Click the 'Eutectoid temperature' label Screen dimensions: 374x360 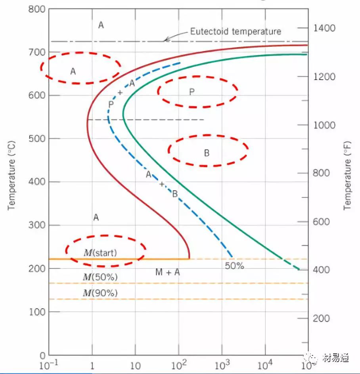point(236,31)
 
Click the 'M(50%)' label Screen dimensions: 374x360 point(100,277)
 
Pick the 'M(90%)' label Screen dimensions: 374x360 point(100,293)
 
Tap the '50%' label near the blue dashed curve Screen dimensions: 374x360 point(234,266)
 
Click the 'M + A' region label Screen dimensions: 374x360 point(167,272)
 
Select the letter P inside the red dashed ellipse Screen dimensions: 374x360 point(191,92)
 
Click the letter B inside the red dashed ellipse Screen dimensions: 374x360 point(207,153)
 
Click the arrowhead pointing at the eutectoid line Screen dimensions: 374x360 point(167,39)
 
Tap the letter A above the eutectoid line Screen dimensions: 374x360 point(101,25)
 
